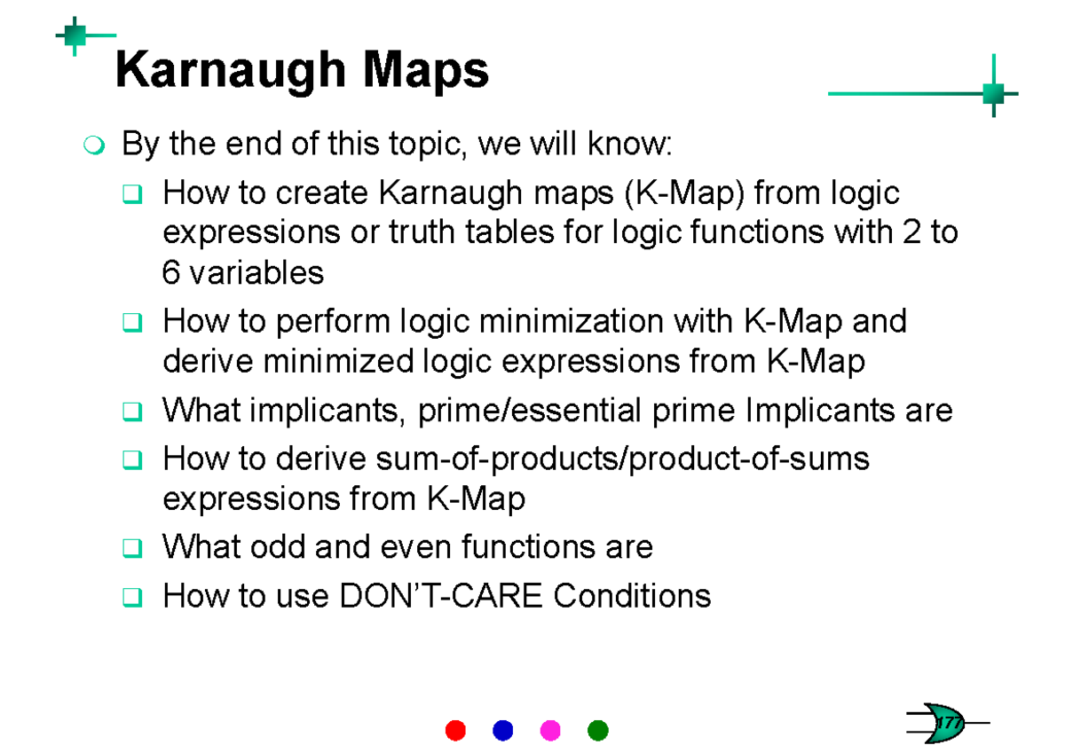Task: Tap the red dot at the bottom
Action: tap(454, 730)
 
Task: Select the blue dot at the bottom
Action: tap(502, 730)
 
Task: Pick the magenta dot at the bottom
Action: tap(550, 730)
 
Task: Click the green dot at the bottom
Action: tap(598, 730)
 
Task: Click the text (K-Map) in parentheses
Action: tap(683, 192)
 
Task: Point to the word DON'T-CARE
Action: tap(442, 595)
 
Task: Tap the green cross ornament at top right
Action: tap(993, 92)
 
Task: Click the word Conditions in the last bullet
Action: tap(632, 595)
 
